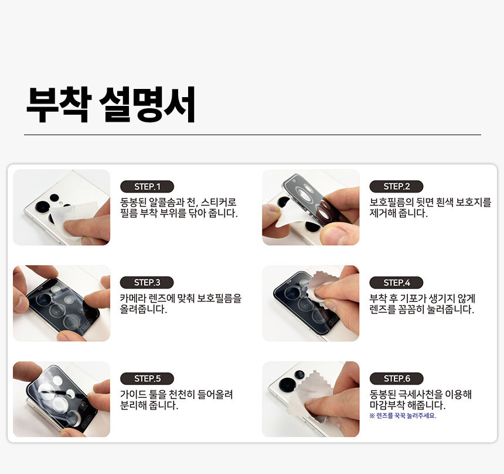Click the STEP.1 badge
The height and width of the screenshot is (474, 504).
click(x=147, y=187)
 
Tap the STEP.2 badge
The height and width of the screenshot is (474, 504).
click(x=396, y=187)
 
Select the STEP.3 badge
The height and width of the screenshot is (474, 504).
click(x=147, y=283)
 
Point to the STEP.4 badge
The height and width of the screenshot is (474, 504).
click(x=396, y=283)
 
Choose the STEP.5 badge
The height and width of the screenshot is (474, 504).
click(x=147, y=379)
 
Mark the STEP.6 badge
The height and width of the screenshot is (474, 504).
click(x=396, y=379)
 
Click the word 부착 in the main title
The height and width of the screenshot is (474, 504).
click(x=58, y=105)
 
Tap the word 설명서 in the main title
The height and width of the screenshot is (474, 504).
click(x=148, y=105)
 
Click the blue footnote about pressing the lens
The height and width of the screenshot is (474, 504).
click(x=403, y=416)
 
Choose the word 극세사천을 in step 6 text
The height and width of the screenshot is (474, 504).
click(x=420, y=394)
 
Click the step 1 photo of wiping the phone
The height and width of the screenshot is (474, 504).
click(x=62, y=207)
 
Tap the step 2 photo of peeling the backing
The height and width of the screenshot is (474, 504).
click(x=311, y=207)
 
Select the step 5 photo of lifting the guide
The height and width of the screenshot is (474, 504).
click(x=62, y=399)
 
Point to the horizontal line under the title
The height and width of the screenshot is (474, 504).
click(x=253, y=135)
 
